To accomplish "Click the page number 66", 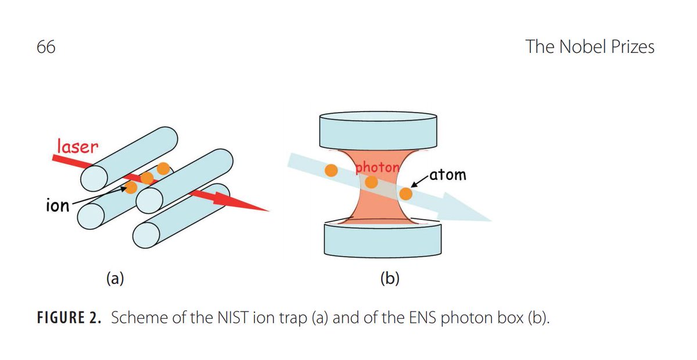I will pyautogui.click(x=46, y=47).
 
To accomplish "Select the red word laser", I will pyautogui.click(x=77, y=146).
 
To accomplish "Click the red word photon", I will pyautogui.click(x=378, y=168).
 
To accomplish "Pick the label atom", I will pyautogui.click(x=448, y=174).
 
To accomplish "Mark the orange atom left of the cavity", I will pyautogui.click(x=331, y=170).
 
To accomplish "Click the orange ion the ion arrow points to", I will pyautogui.click(x=131, y=187).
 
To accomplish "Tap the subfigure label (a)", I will pyautogui.click(x=115, y=279).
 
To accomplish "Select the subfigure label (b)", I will pyautogui.click(x=390, y=279).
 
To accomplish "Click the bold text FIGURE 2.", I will pyautogui.click(x=70, y=319).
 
